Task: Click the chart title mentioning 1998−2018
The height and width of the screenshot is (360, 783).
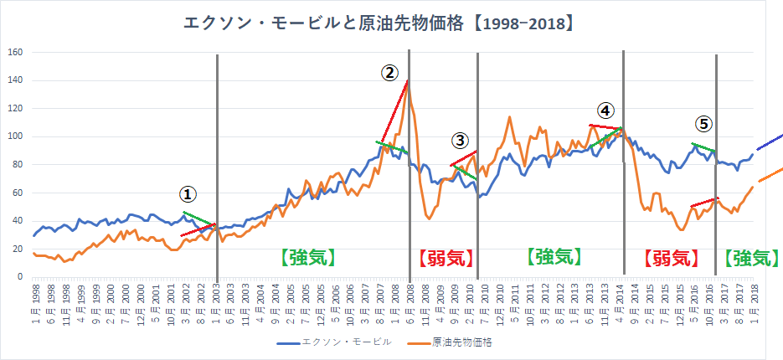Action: [x=379, y=23]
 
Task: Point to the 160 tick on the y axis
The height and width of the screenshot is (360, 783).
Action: [x=15, y=53]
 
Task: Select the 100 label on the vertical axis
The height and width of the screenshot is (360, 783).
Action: [x=15, y=136]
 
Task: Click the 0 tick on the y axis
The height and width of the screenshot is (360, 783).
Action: [x=19, y=276]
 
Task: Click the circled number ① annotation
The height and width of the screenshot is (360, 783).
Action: [x=188, y=193]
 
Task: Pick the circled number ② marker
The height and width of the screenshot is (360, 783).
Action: [x=389, y=73]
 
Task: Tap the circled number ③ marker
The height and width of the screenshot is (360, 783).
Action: [x=460, y=140]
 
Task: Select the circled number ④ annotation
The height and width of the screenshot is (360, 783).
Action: [x=605, y=110]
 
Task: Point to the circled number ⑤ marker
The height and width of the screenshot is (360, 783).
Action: [x=704, y=124]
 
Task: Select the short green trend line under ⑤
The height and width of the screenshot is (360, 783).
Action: [x=703, y=148]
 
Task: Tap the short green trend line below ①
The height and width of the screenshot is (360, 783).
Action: [x=198, y=219]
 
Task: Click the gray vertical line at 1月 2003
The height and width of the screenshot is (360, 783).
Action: [x=217, y=167]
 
